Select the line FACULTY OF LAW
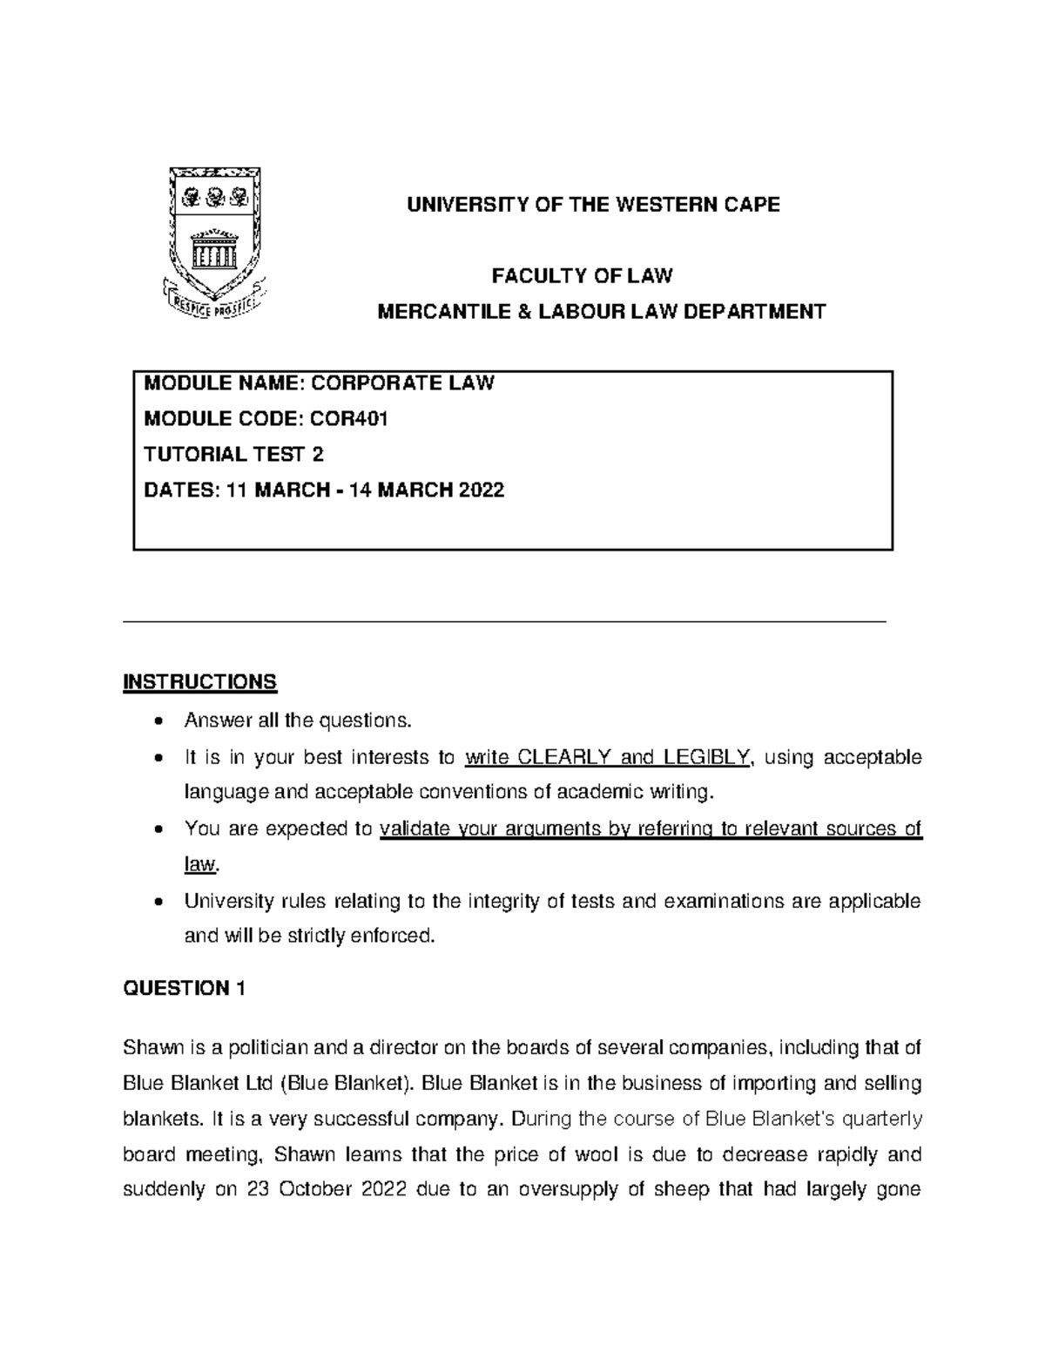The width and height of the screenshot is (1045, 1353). pos(582,276)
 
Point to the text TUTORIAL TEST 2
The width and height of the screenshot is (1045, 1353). pos(233,455)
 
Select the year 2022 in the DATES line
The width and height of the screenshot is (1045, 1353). pos(480,490)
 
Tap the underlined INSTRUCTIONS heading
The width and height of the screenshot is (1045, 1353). pos(200,681)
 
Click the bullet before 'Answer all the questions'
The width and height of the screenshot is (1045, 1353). pos(157,721)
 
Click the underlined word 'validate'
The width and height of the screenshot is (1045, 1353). pos(415,829)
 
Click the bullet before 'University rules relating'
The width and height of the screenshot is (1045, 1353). pos(157,901)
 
